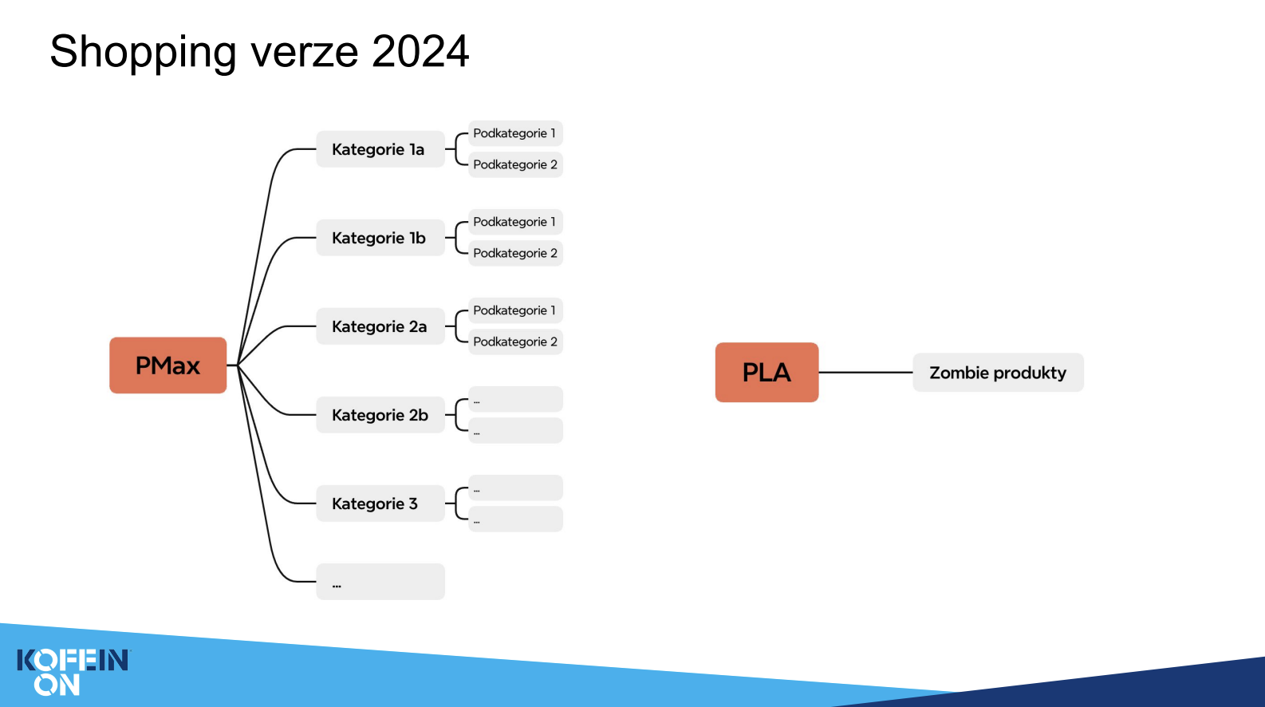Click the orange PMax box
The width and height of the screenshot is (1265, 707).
coord(167,365)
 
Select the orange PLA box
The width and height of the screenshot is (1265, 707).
coord(766,373)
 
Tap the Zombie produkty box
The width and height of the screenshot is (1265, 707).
coord(998,373)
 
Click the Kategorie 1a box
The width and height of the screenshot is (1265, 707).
coord(380,149)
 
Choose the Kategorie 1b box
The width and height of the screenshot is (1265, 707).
coord(380,237)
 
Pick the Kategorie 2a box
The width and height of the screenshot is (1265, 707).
coord(380,326)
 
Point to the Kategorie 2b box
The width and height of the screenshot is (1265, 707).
coord(380,415)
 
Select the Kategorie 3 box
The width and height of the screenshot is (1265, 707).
coord(380,503)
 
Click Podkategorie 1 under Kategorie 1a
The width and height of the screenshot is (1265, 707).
coord(515,133)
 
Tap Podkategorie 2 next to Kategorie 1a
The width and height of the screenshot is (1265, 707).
coord(515,164)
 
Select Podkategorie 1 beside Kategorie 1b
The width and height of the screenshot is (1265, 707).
coord(515,222)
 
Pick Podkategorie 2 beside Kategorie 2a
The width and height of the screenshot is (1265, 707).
coord(515,342)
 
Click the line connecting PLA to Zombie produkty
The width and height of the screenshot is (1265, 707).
coord(865,373)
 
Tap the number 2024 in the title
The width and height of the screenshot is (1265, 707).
coord(420,51)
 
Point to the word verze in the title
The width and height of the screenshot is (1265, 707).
coord(305,54)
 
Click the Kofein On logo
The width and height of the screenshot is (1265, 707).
coord(73,672)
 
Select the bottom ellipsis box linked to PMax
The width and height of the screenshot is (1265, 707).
coord(380,582)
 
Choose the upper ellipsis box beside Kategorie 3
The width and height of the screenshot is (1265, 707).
coord(515,488)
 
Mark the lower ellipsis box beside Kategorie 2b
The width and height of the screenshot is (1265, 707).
coord(515,431)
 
